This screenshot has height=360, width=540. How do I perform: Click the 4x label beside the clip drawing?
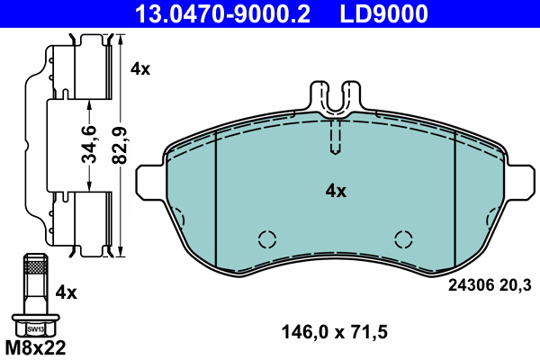pos(140,68)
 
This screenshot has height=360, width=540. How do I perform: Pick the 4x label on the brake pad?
pos(335,191)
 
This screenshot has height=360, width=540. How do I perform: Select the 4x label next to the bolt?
pos(67,292)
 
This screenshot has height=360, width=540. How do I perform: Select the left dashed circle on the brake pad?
pos(266,239)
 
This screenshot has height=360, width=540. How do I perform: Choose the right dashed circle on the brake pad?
pos(404,239)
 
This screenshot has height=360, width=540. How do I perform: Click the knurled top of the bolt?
pos(33,266)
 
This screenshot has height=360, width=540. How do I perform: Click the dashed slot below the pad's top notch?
pos(335,137)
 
